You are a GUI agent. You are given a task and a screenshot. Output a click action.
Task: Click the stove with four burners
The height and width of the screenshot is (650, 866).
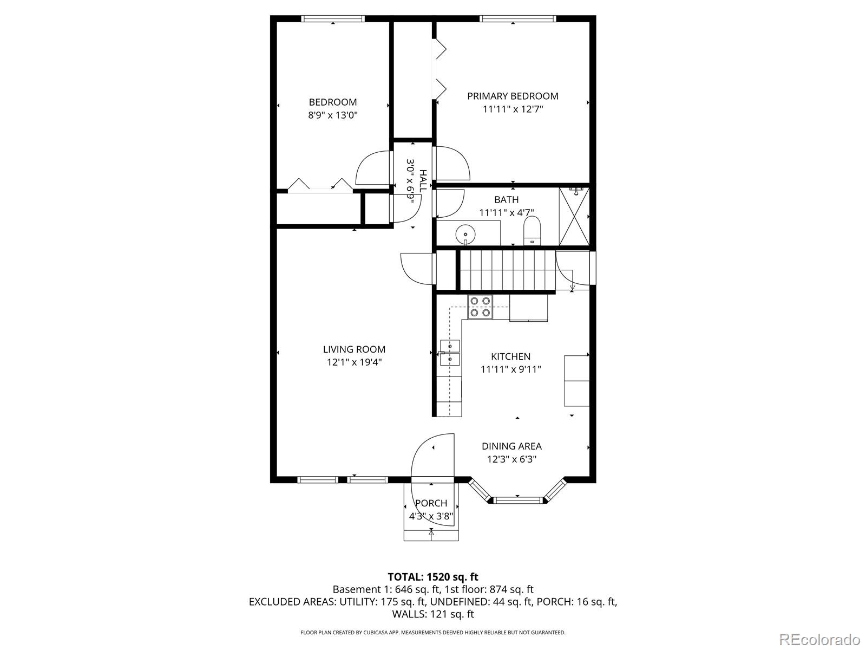480,307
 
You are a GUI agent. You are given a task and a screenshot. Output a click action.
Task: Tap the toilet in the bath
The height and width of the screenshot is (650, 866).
532,231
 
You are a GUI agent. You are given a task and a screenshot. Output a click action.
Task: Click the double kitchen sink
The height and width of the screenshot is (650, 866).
450,352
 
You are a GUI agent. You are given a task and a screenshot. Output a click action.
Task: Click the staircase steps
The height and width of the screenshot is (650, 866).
507,270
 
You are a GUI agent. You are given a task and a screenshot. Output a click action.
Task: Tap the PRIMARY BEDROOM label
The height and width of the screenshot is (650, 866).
513,96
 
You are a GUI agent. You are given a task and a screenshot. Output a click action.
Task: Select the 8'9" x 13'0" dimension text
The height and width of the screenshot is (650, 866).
333,115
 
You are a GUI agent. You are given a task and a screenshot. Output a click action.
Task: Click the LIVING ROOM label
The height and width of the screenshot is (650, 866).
354,349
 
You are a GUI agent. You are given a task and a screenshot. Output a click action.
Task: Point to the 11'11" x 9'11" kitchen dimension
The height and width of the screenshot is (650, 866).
510,369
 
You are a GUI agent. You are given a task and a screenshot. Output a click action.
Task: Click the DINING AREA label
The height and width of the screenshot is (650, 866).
511,446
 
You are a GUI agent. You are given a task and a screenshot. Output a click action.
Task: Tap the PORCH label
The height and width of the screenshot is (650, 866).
431,503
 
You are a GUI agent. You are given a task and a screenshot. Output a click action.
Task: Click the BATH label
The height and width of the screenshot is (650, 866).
506,200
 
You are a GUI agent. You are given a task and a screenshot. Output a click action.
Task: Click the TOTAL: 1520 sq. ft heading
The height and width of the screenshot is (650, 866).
432,577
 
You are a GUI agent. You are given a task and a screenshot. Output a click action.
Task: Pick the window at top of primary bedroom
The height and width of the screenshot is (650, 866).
517,19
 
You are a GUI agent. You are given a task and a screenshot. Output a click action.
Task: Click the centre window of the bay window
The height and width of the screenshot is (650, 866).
517,500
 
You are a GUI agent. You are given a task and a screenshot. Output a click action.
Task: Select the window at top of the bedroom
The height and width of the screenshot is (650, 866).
333,19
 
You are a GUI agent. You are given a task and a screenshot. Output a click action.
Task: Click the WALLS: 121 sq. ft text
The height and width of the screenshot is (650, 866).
432,614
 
